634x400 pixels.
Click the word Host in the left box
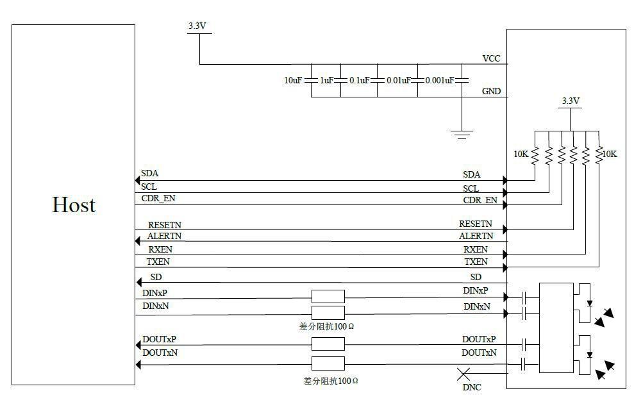[x=74, y=204]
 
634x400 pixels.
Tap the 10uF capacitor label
[x=293, y=81]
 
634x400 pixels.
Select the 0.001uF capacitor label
[x=440, y=81]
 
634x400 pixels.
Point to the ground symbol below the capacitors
[x=462, y=135]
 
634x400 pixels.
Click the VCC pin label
[x=491, y=58]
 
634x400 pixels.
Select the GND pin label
[x=491, y=92]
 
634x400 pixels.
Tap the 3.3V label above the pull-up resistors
[x=571, y=101]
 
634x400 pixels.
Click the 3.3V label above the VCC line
[x=197, y=26]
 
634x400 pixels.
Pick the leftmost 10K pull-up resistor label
[x=521, y=154]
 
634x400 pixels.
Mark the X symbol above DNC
[x=463, y=374]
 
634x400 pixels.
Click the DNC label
[x=472, y=387]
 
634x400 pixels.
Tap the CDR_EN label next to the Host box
[x=158, y=199]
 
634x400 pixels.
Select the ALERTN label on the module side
[x=476, y=236]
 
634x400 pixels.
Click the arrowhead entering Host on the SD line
[x=138, y=282]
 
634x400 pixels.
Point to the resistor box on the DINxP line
[x=328, y=296]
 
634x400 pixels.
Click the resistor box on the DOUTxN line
[x=328, y=363]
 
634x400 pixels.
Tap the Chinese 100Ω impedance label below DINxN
[x=327, y=326]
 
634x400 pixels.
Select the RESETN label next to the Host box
[x=165, y=225]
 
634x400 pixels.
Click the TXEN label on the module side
[x=476, y=262]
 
